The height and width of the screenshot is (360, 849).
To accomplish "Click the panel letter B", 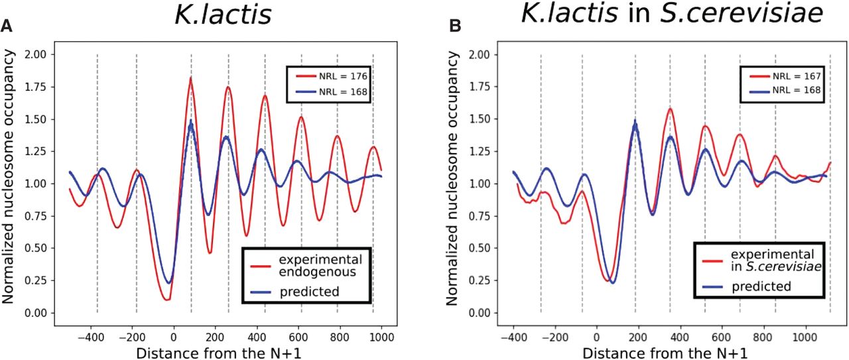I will [456, 26].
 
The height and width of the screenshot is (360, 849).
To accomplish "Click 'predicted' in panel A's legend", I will [310, 291].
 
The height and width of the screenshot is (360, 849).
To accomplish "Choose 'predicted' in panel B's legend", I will [762, 286].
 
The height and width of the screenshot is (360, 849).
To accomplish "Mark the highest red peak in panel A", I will [191, 78].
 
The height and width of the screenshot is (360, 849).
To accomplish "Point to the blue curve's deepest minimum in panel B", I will [612, 283].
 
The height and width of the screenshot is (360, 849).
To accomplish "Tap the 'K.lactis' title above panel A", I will [223, 15].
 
